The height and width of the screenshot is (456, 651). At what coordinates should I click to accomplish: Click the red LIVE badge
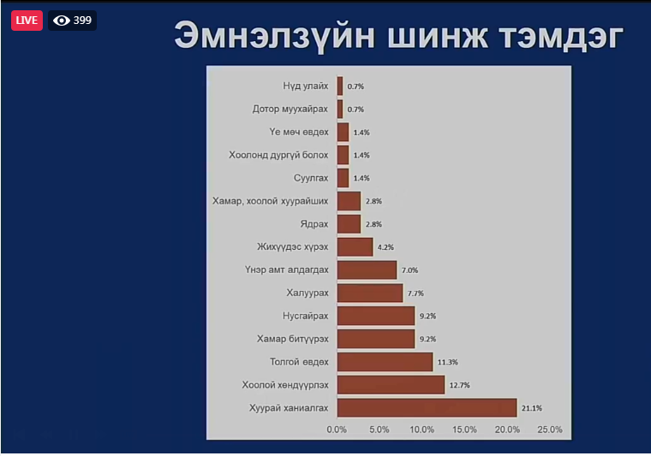pyautogui.click(x=27, y=21)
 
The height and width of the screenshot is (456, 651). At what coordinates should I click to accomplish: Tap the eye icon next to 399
pyautogui.click(x=62, y=21)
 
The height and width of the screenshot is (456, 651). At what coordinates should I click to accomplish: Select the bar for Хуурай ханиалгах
pyautogui.click(x=427, y=408)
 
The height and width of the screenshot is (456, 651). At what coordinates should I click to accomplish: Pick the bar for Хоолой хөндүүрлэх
pyautogui.click(x=391, y=385)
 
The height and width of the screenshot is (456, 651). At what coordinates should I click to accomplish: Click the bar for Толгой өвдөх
pyautogui.click(x=385, y=362)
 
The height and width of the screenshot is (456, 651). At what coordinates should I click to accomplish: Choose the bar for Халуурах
pyautogui.click(x=370, y=293)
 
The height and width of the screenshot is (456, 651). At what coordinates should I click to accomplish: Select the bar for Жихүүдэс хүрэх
pyautogui.click(x=355, y=247)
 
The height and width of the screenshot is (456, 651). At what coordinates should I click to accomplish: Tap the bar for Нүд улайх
pyautogui.click(x=340, y=86)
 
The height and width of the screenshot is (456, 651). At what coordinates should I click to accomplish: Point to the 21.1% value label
pyautogui.click(x=532, y=408)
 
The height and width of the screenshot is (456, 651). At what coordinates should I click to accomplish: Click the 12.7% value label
pyautogui.click(x=460, y=386)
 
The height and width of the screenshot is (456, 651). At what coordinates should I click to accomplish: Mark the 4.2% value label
pyautogui.click(x=385, y=247)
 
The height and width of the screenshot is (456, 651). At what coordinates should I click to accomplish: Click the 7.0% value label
pyautogui.click(x=409, y=270)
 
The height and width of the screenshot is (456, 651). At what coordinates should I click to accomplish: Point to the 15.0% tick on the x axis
pyautogui.click(x=464, y=429)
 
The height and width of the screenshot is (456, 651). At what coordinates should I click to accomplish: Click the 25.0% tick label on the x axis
pyautogui.click(x=550, y=429)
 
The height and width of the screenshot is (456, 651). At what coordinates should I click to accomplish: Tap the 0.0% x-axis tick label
pyautogui.click(x=337, y=429)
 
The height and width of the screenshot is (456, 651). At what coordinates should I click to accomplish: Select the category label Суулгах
pyautogui.click(x=311, y=178)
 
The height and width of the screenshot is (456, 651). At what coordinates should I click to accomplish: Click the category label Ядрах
pyautogui.click(x=314, y=224)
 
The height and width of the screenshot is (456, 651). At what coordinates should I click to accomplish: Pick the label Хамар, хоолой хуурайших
pyautogui.click(x=271, y=201)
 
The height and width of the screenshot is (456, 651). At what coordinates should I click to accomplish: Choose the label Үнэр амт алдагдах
pyautogui.click(x=286, y=269)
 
